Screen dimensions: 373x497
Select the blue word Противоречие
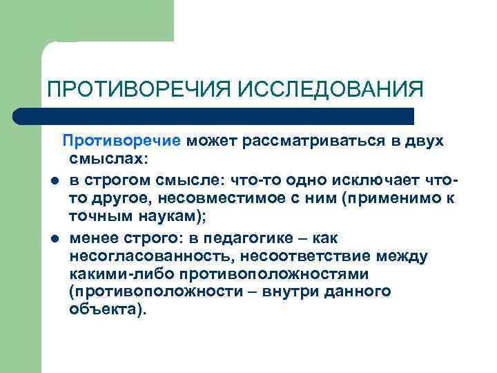coord(121,141)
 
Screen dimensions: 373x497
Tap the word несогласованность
coord(142,256)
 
